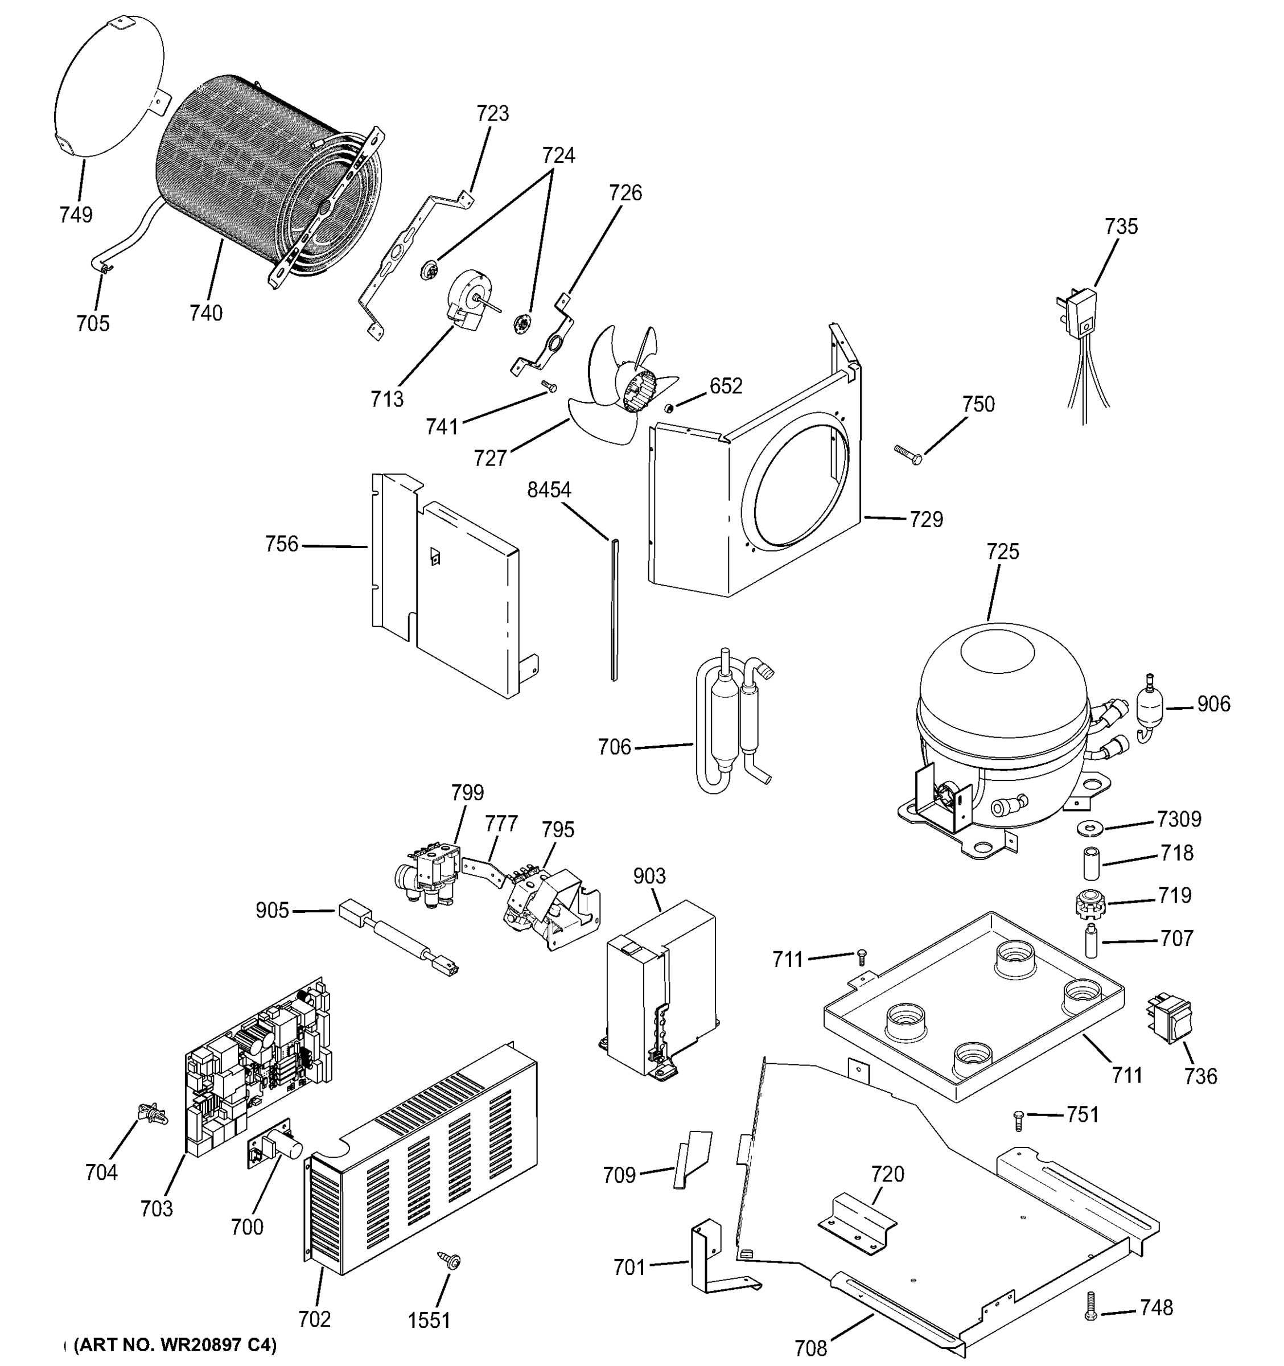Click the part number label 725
(x=1002, y=551)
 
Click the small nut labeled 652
(x=667, y=409)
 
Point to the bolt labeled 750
(x=907, y=454)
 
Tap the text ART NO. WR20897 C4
(x=175, y=1345)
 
